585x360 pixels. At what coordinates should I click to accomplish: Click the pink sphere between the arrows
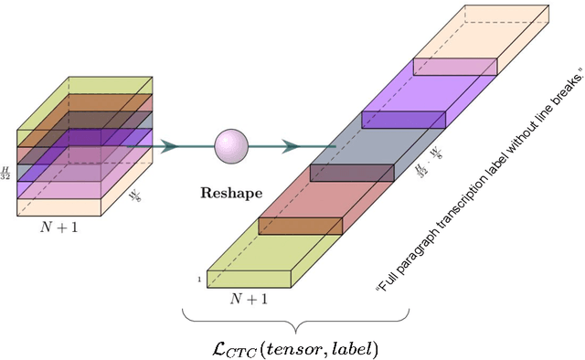click(231, 144)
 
